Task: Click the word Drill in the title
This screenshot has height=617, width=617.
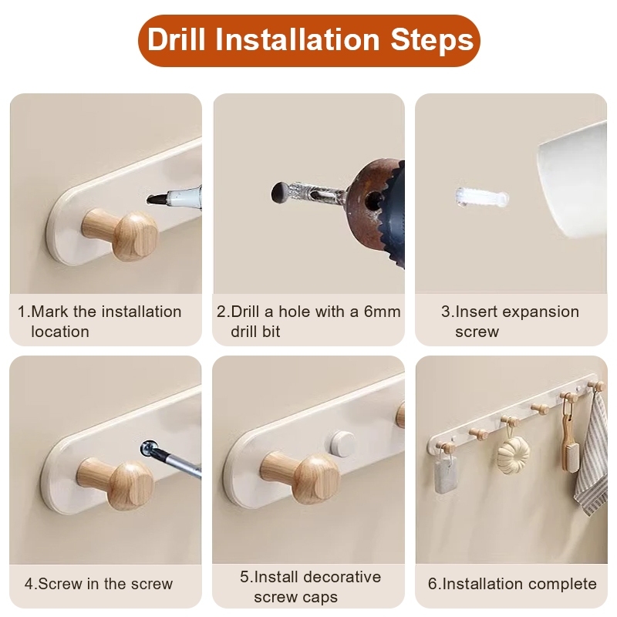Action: point(177,39)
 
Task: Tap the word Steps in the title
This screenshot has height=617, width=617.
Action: point(432,41)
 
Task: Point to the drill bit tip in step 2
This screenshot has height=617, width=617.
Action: point(279,193)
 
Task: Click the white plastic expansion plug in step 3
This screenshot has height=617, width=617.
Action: point(482,198)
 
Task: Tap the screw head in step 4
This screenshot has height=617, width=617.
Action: point(149,448)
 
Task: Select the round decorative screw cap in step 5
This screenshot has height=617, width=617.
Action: point(341,443)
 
